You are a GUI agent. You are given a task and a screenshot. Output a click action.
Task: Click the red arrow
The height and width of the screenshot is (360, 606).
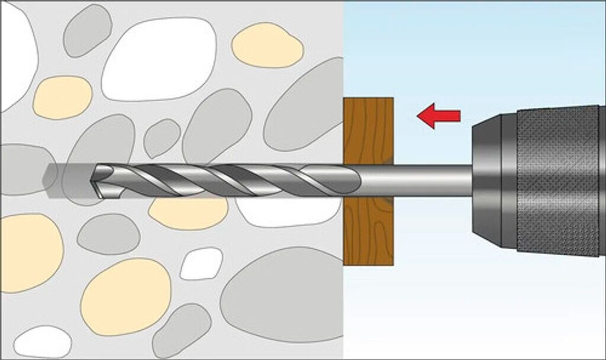[439, 116]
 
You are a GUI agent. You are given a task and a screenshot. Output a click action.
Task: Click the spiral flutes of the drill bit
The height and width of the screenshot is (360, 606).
[237, 180]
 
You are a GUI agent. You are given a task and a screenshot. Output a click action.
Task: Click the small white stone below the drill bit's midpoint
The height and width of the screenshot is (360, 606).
[201, 263]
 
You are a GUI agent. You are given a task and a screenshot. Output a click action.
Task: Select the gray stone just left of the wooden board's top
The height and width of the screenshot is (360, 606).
[305, 110]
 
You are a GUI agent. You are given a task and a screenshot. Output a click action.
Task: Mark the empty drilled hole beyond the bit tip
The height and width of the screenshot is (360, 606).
[65, 176]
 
